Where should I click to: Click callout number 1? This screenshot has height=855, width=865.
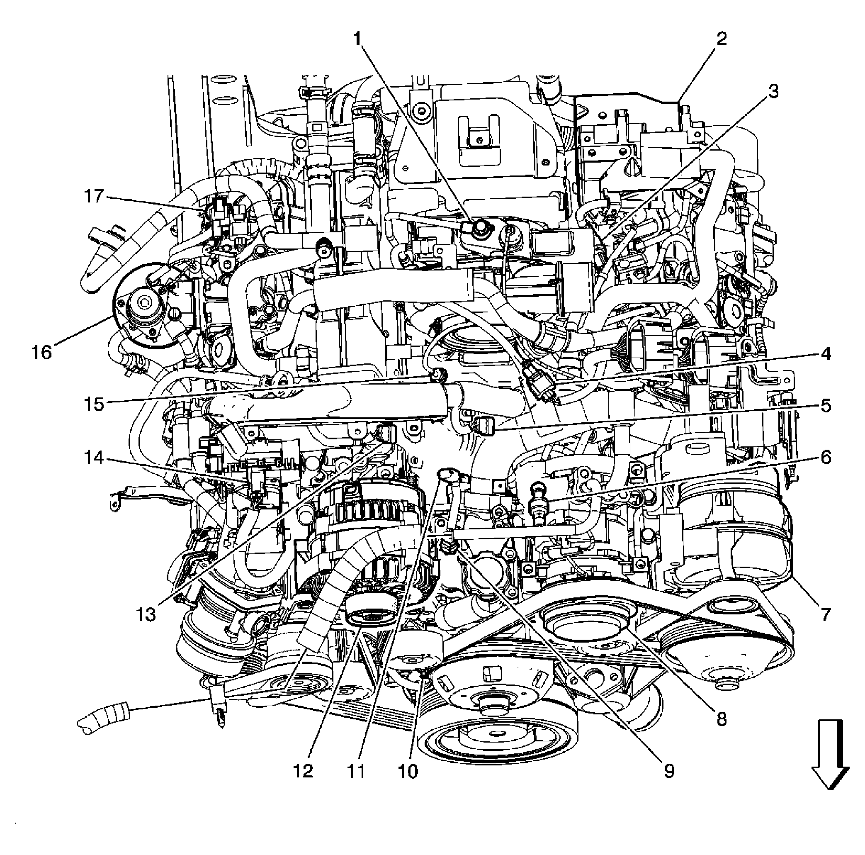tap(357, 39)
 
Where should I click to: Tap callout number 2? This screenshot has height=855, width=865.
tap(721, 39)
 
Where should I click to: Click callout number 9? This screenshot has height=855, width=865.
tap(669, 771)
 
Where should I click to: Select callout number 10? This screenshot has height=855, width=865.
tap(408, 771)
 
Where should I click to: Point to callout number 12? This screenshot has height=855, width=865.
tap(304, 771)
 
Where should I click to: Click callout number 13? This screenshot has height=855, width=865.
tap(146, 614)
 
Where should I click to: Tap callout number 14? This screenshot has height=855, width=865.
tap(94, 457)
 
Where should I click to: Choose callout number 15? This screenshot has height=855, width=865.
tap(94, 404)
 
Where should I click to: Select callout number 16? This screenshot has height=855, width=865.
tap(41, 353)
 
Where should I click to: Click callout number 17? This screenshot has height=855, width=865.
tap(94, 196)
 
